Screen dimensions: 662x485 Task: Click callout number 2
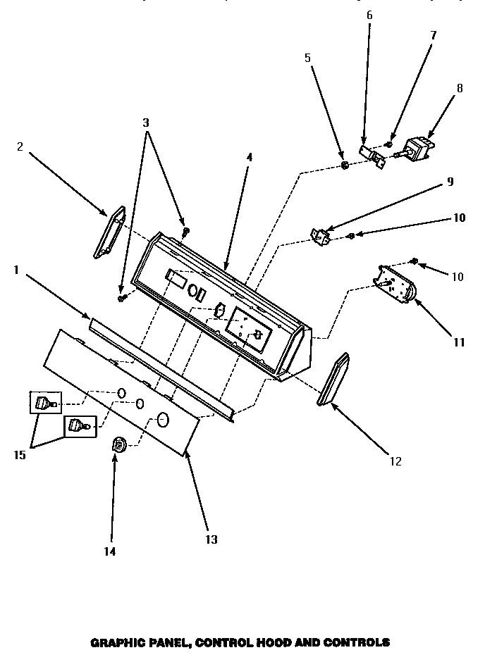coord(20,147)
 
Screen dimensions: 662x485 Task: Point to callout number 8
coord(460,89)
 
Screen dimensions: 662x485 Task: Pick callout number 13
coord(211,539)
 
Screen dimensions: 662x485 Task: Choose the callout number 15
coord(19,455)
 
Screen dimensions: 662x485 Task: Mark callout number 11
coord(459,343)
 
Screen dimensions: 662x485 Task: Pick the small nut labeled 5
coord(344,165)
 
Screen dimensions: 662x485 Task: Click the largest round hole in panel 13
coord(164,420)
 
